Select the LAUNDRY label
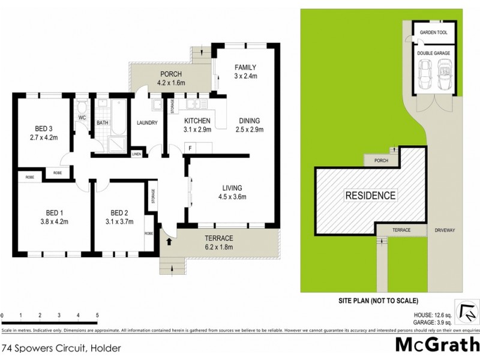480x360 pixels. tap(147, 123)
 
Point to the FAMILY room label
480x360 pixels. tap(245, 67)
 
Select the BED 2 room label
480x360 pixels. tap(121, 212)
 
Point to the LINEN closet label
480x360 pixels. tap(137, 155)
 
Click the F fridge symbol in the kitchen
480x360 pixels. tap(190, 147)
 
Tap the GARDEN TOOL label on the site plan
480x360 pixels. tap(433, 33)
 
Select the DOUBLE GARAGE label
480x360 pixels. tap(433, 53)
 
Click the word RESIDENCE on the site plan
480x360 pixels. tap(370, 195)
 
